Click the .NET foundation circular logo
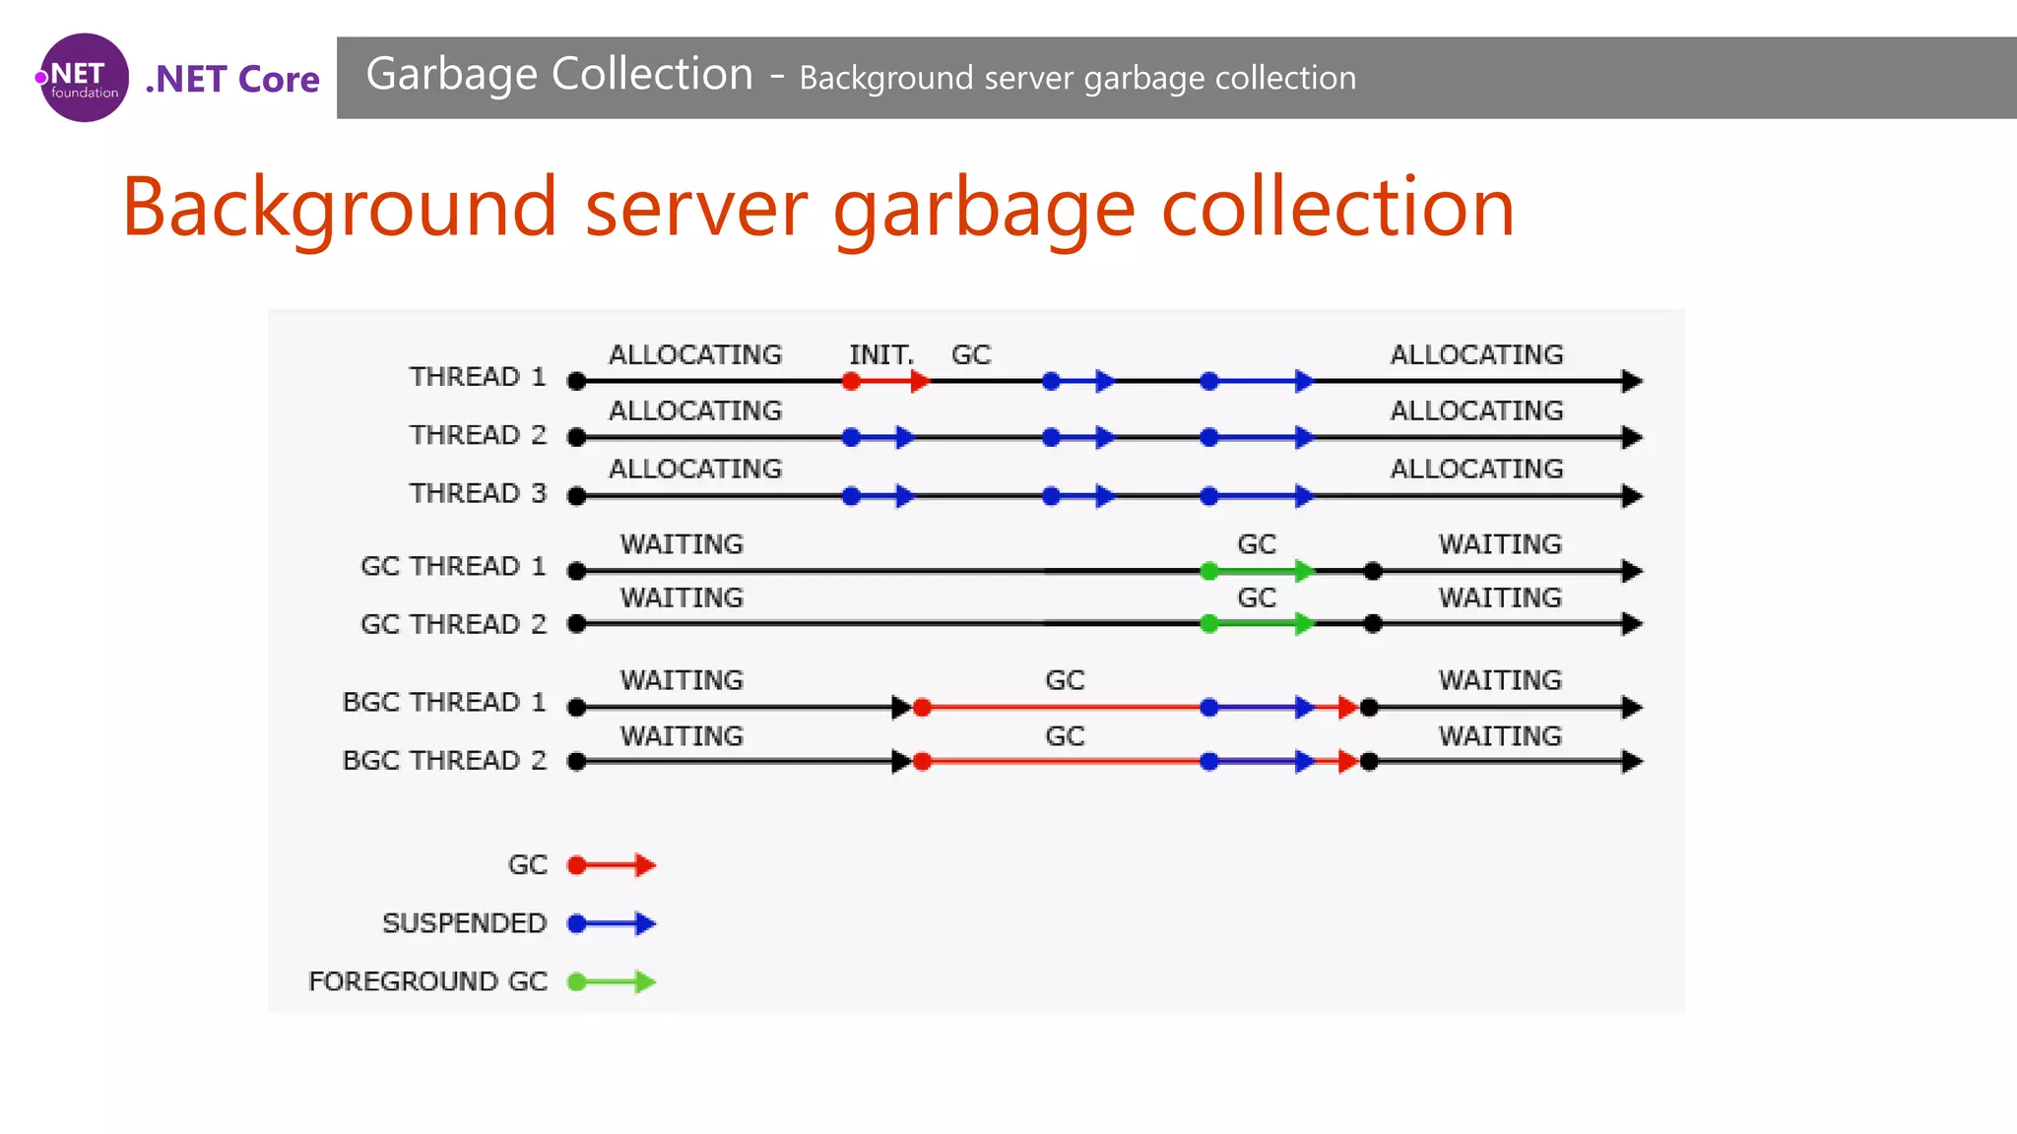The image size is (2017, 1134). point(84,78)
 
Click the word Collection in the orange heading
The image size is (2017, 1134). point(1337,208)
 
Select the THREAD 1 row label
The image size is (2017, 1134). point(478,377)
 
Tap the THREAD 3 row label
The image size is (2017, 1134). point(478,493)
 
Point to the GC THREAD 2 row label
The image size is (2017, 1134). point(453,624)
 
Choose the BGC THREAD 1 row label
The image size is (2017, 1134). point(443,702)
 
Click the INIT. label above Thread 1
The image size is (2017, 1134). point(881,354)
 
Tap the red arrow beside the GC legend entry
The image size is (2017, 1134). point(612,865)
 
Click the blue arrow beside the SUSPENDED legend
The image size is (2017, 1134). point(612,923)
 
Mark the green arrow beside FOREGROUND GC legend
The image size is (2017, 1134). point(612,981)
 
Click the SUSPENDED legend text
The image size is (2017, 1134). point(464,923)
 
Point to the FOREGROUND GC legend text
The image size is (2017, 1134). point(427,981)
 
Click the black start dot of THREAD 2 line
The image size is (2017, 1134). point(577,437)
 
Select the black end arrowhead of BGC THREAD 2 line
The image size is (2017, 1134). point(1632,761)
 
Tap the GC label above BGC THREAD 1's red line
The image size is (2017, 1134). point(1065,680)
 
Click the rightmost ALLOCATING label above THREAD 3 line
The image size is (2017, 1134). point(1476,469)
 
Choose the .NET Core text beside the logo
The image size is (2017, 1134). point(232,79)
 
